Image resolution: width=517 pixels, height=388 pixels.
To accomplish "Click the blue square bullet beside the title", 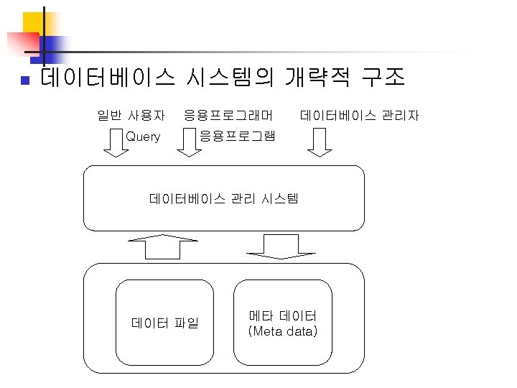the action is coord(24,79).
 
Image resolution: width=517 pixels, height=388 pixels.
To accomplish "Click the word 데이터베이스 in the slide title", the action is coord(108,76).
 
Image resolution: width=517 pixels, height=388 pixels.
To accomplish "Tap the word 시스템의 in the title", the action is coord(229,76).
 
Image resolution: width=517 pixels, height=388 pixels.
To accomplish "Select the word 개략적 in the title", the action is coord(317,76).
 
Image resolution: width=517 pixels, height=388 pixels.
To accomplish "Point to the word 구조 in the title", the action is coord(383,76).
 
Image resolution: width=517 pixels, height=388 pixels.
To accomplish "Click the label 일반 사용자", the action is coord(131,115).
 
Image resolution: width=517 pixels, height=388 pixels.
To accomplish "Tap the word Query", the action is coord(143,137).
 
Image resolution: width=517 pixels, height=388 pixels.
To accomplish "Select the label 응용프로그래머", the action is coord(228,115).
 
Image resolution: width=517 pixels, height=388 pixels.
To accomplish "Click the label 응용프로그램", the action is coord(236,137).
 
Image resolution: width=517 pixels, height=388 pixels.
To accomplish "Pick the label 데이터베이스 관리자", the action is coord(360,115).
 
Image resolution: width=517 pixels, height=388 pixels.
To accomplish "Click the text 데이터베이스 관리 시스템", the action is coord(223,198).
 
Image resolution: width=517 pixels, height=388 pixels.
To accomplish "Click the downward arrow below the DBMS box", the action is coord(276,246).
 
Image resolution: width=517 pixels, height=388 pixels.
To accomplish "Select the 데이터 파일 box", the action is coord(165,323).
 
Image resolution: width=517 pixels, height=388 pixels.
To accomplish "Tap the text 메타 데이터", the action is coord(282,315).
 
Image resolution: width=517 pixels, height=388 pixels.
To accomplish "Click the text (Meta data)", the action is coord(282,331).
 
